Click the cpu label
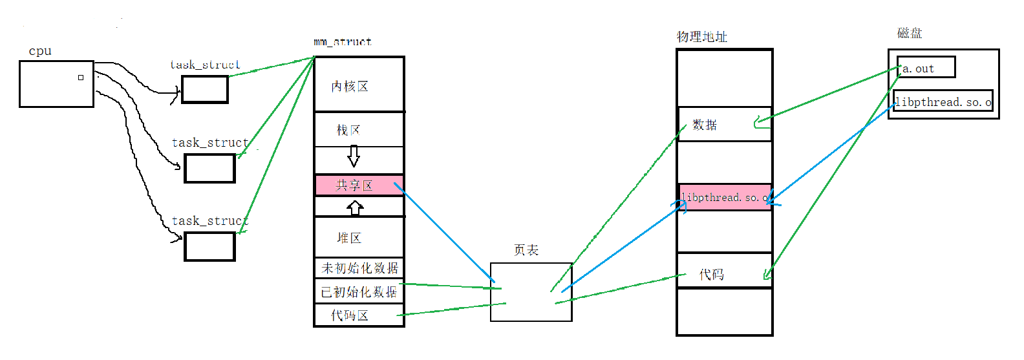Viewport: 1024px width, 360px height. tap(40, 52)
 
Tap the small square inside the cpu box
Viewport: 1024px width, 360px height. tap(81, 78)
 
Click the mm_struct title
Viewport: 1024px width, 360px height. tap(343, 42)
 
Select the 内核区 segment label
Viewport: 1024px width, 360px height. tap(350, 87)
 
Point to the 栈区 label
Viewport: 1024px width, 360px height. tap(348, 131)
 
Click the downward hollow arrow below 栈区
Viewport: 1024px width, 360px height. tap(354, 156)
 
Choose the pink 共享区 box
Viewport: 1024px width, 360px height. tap(359, 185)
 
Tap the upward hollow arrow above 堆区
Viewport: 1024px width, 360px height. tap(355, 208)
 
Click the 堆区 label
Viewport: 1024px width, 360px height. tap(349, 238)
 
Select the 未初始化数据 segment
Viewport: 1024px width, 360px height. tap(359, 268)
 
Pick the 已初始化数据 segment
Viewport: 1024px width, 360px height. tap(359, 292)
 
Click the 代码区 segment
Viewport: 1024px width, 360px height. tap(350, 315)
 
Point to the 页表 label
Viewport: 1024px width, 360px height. tap(526, 251)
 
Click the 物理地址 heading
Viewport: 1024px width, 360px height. tap(702, 37)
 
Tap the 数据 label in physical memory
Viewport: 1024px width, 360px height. tap(705, 125)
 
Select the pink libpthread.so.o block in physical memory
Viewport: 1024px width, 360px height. tap(725, 197)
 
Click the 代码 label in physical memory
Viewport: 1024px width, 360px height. tap(712, 275)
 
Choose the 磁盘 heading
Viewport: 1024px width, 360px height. tap(910, 34)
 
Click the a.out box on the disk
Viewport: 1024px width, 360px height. tap(926, 68)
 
